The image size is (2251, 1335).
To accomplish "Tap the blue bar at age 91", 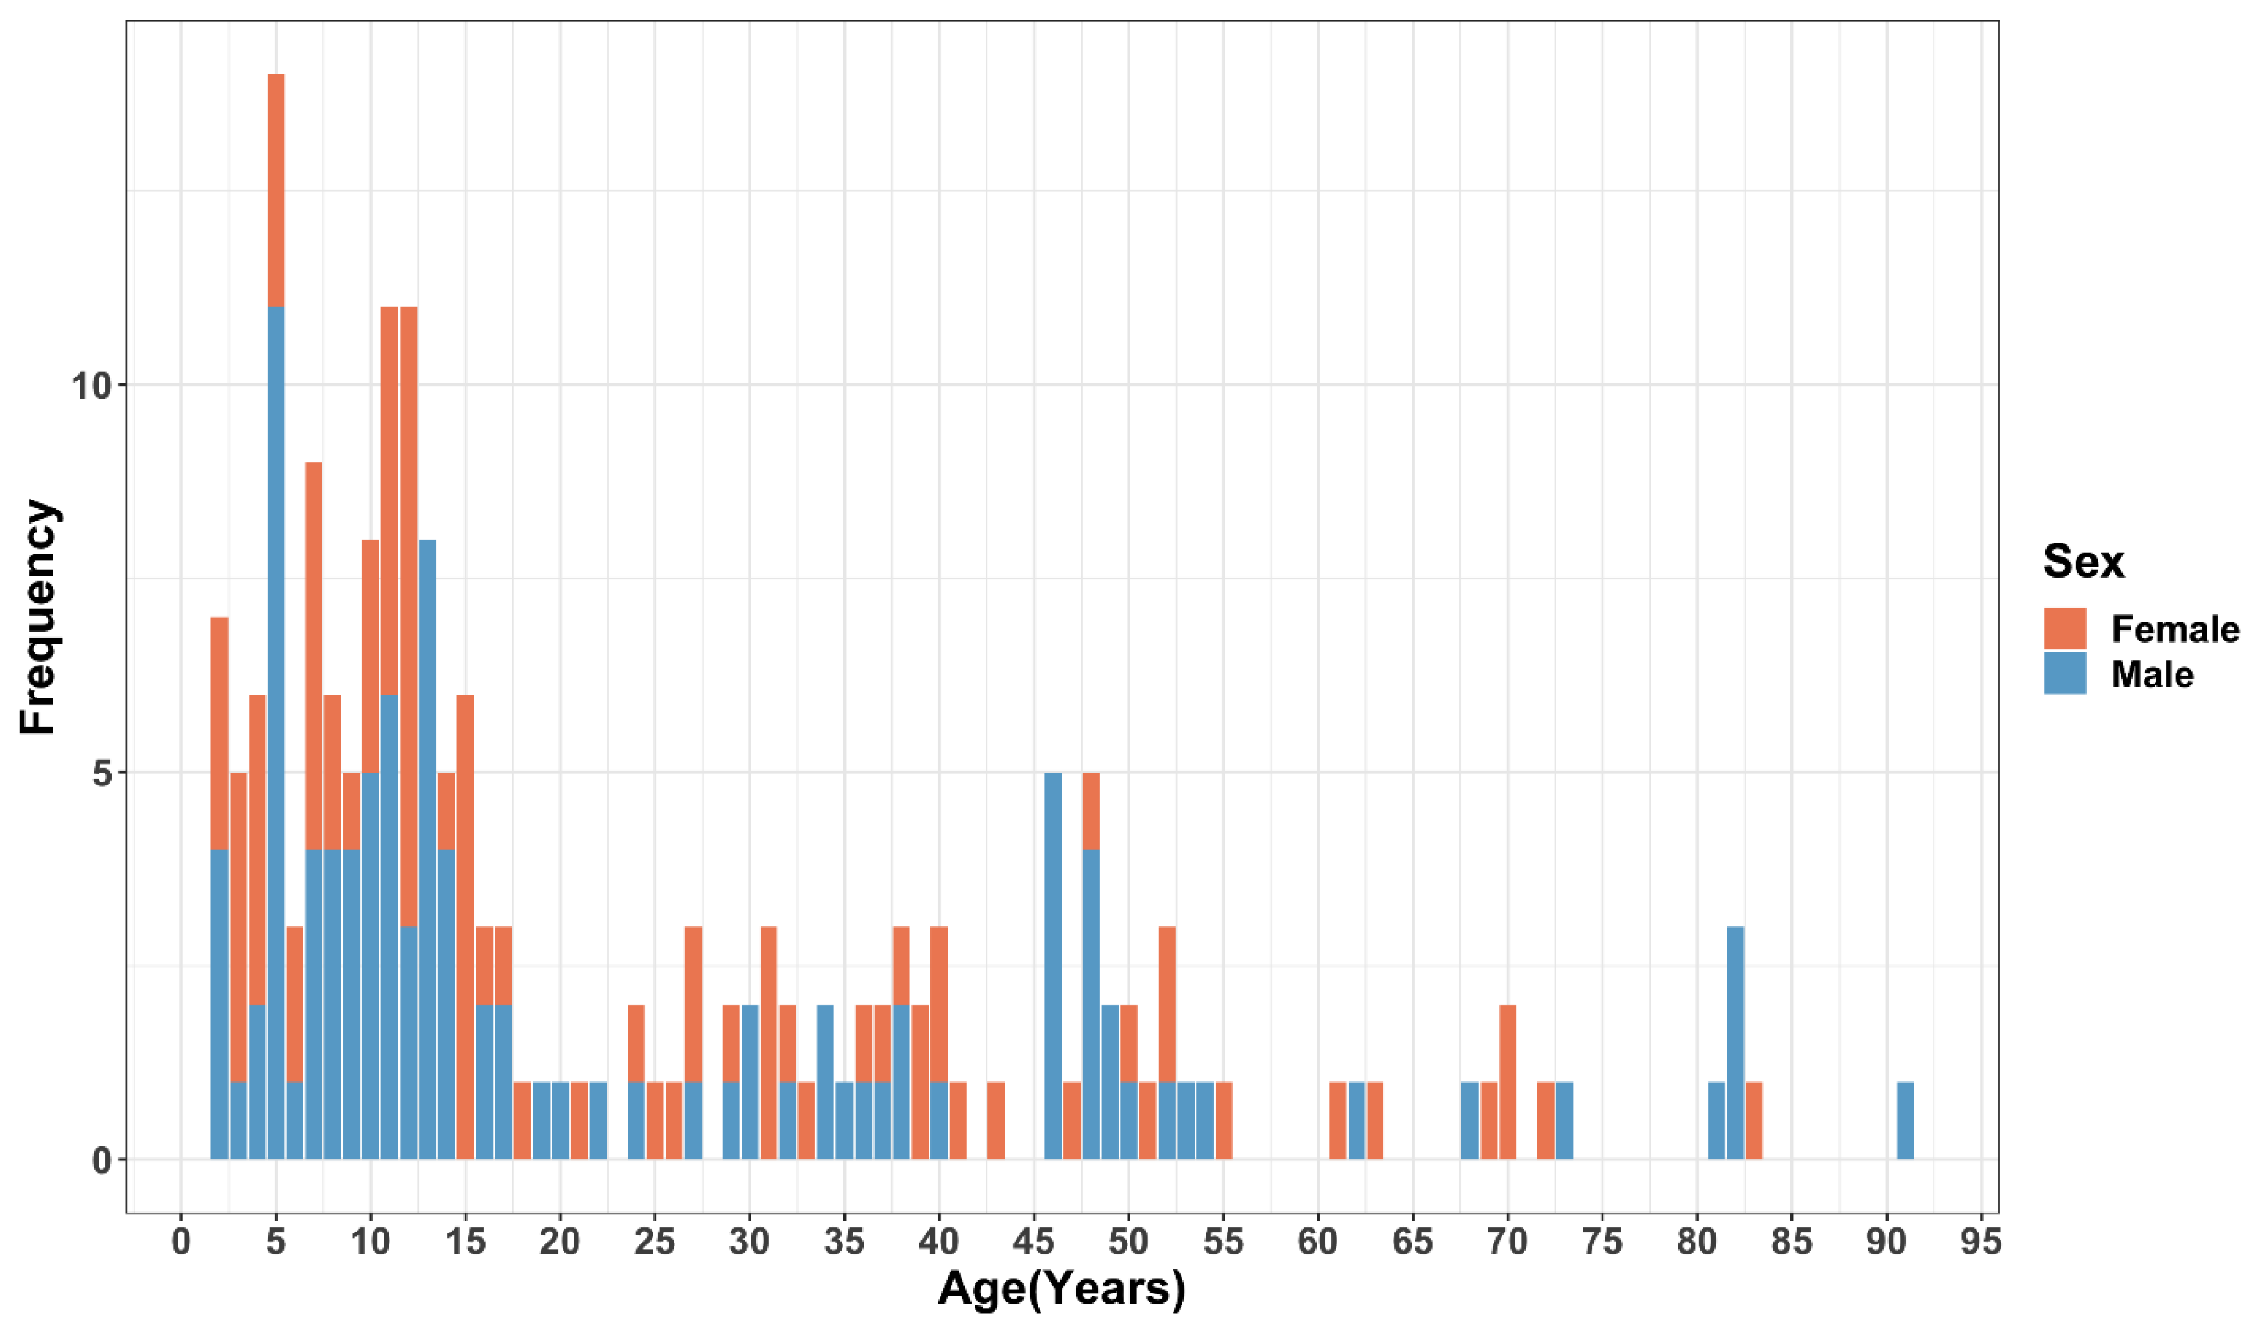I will [x=1904, y=1121].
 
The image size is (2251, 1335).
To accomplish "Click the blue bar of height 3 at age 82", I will [x=1734, y=1044].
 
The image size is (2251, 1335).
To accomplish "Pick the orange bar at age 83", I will [x=1753, y=1121].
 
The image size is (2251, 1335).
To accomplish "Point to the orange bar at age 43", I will [x=995, y=1121].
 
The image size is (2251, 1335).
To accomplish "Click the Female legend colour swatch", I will [x=2065, y=629].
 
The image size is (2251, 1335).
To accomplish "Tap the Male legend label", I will [x=2152, y=674].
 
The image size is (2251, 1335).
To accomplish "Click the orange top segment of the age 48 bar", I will [x=1091, y=810].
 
